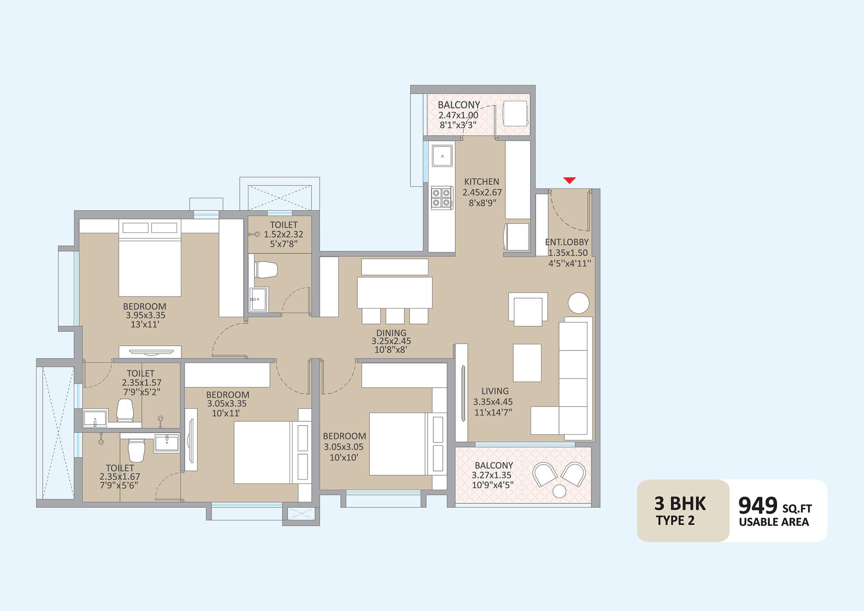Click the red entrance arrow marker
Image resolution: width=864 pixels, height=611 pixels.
[569, 180]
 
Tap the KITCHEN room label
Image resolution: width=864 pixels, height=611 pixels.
[482, 182]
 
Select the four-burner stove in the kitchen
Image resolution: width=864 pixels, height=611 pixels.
[442, 198]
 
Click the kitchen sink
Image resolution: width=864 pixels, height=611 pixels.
[442, 156]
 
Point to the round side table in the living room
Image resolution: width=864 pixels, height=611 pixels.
[578, 302]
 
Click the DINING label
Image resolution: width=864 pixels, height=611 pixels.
[391, 333]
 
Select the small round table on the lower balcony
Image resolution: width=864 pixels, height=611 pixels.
[559, 491]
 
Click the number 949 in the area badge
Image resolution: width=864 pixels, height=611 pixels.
[758, 505]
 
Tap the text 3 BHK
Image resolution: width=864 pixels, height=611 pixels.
[680, 504]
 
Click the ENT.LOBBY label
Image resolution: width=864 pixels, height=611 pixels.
[567, 242]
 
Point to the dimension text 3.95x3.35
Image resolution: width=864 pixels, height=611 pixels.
[146, 315]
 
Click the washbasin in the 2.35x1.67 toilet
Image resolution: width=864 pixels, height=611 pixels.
[167, 444]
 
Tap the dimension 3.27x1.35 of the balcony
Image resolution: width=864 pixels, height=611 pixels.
[492, 475]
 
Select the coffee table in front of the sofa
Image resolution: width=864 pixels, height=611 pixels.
[527, 363]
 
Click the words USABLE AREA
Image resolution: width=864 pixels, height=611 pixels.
[774, 522]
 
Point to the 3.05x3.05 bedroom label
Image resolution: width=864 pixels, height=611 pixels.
[344, 447]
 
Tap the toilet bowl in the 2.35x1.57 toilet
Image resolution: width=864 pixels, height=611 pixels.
[125, 410]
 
